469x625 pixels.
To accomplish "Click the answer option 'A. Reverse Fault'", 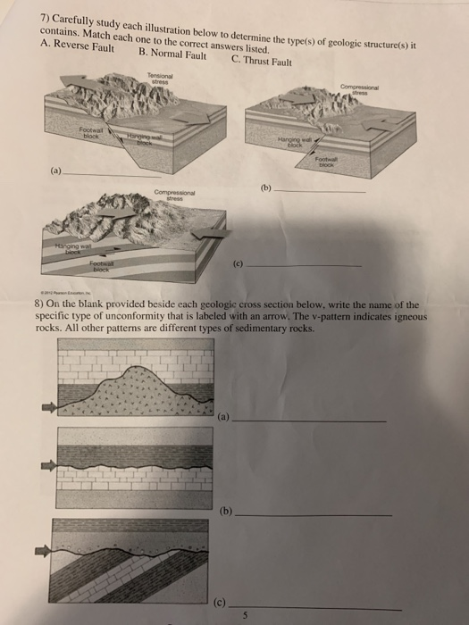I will click(79, 46).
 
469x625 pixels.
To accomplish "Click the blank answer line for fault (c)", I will click(304, 265).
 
